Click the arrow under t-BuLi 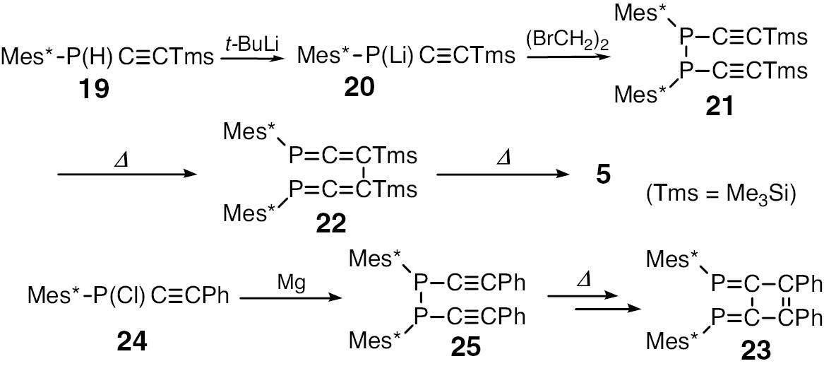[x=253, y=61]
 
